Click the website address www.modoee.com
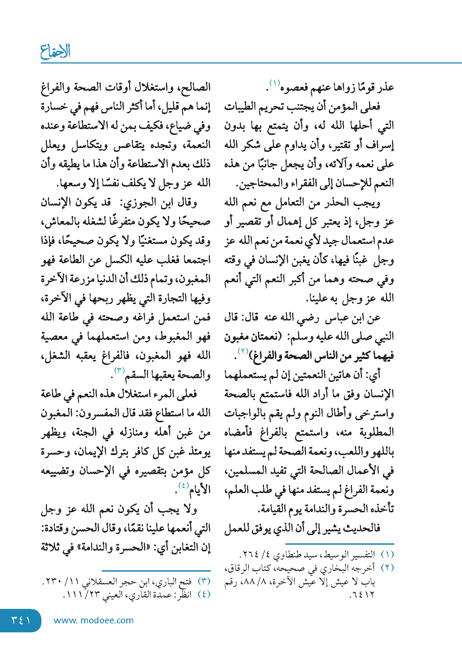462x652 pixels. click(x=94, y=620)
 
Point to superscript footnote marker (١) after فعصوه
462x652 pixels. click(x=275, y=83)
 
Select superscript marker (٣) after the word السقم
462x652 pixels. click(x=119, y=371)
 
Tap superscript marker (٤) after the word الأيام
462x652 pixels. click(x=183, y=485)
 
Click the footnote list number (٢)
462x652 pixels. click(x=387, y=568)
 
